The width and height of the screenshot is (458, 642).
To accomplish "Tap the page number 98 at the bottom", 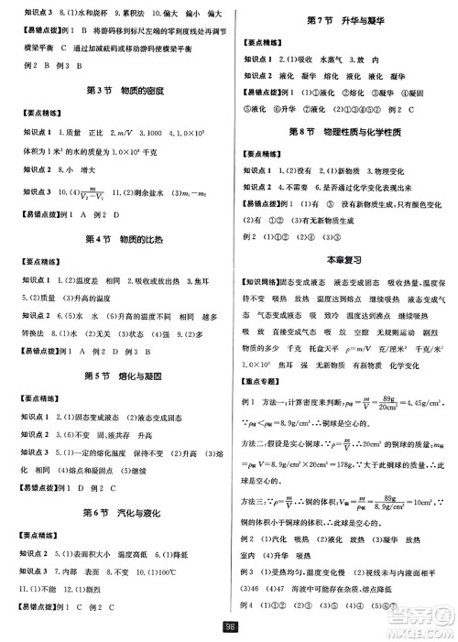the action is click(229, 627).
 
